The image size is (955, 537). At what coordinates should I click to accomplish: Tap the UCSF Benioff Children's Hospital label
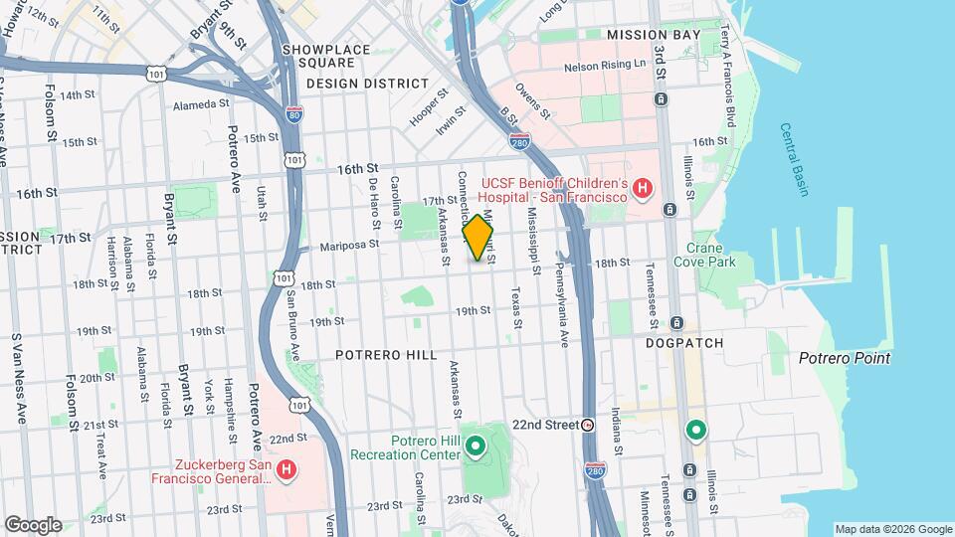555,189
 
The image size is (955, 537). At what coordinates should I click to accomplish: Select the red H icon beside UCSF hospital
643,187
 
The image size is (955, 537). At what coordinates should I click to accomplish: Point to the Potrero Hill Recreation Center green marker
476,446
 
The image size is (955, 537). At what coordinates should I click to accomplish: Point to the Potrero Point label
844,358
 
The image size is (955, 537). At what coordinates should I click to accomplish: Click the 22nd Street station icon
588,425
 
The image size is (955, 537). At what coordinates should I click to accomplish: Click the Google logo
33,524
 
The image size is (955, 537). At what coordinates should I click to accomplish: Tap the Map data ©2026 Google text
892,529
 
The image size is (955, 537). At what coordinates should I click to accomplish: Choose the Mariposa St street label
349,244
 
